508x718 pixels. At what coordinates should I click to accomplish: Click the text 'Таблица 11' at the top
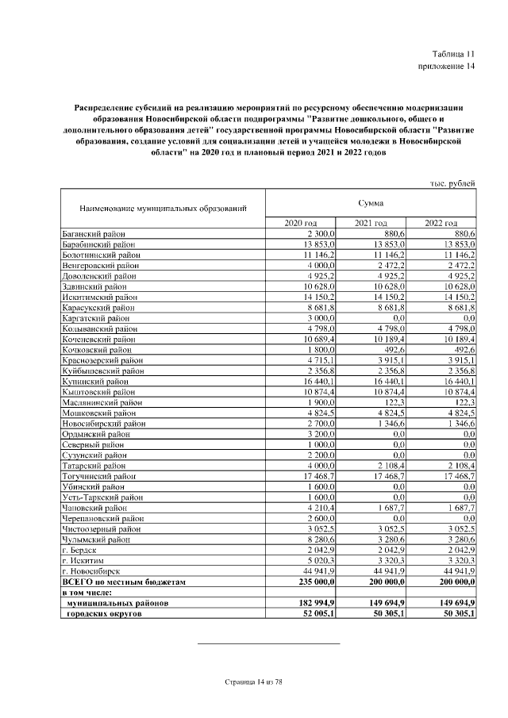click(x=452, y=54)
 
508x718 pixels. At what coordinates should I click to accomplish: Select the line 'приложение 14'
click(x=446, y=66)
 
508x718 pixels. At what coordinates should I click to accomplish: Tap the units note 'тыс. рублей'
click(x=452, y=183)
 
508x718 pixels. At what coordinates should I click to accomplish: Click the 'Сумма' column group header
click(x=371, y=204)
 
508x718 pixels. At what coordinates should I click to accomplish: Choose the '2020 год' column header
click(x=301, y=223)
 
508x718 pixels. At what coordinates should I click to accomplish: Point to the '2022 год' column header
click(x=441, y=223)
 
